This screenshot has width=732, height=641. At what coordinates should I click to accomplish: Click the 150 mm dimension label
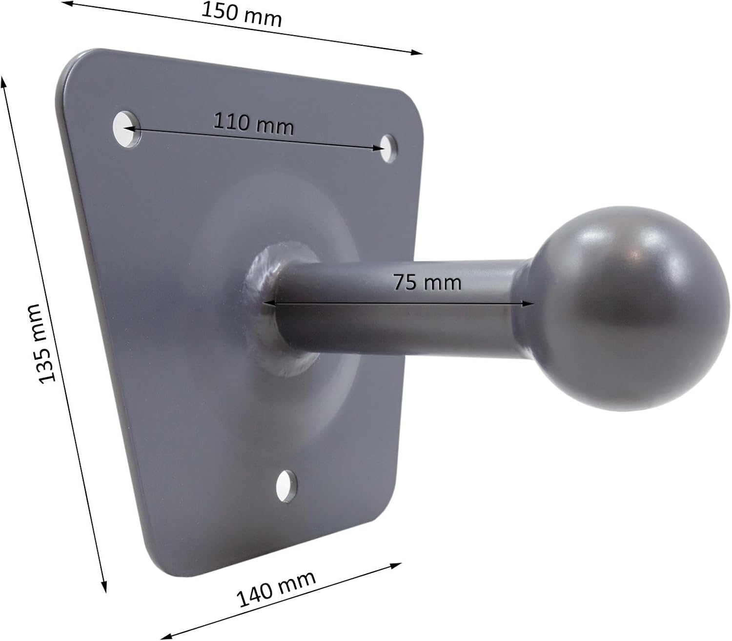pyautogui.click(x=242, y=15)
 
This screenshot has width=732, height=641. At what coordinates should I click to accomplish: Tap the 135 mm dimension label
pyautogui.click(x=42, y=344)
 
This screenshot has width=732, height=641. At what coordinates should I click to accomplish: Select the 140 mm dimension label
pyautogui.click(x=276, y=589)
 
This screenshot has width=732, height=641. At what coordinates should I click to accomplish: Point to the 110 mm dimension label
pyautogui.click(x=253, y=123)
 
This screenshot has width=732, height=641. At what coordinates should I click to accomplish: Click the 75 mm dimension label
pyautogui.click(x=427, y=282)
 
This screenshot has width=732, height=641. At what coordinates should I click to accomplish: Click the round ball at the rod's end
pyautogui.click(x=628, y=309)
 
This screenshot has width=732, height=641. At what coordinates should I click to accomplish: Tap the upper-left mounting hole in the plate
pyautogui.click(x=126, y=129)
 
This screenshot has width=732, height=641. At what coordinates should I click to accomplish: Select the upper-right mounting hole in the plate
pyautogui.click(x=388, y=148)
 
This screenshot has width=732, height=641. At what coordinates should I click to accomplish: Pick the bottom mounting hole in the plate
pyautogui.click(x=286, y=486)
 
